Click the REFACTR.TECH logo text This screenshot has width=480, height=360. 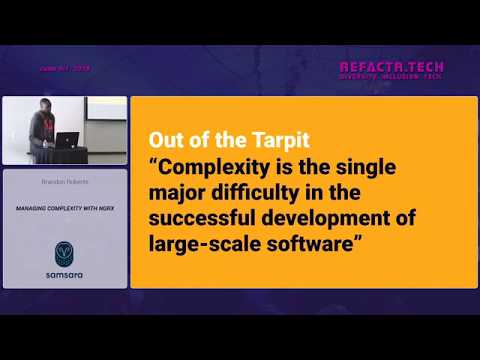coord(392,68)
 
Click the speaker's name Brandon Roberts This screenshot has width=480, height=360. coord(64,183)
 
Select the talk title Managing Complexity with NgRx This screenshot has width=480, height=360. coord(63,208)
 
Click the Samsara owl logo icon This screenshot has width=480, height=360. coord(64,249)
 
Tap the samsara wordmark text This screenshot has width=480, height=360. coord(64,273)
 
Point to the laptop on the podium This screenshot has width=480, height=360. coord(67,141)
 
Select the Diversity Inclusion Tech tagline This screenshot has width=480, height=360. coord(392,78)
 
